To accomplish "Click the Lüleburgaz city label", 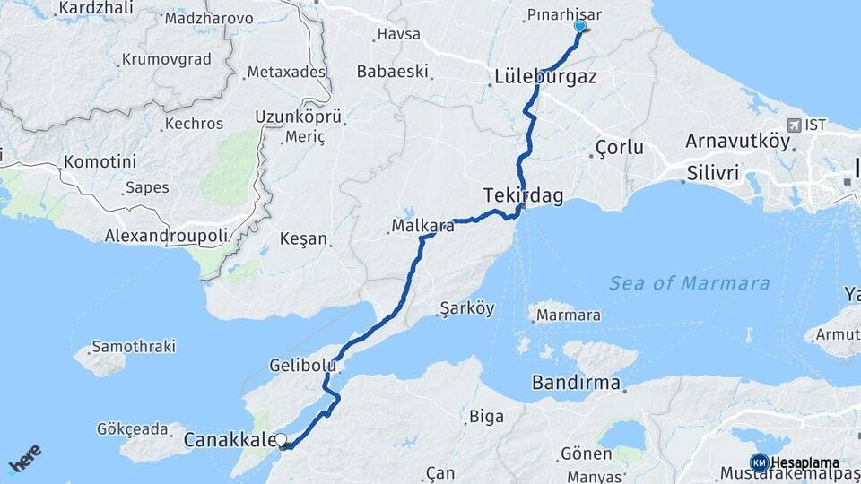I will tap(545, 77).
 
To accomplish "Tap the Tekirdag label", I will tap(518, 194).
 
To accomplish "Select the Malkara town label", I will tap(422, 227).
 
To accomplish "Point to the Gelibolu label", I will tap(302, 365).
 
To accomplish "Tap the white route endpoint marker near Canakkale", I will tap(282, 440).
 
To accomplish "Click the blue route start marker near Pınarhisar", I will tap(579, 26).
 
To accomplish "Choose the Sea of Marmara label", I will tap(689, 283).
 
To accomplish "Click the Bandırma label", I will tap(576, 384).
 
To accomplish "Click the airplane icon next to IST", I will tap(794, 125).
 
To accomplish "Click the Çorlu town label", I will tap(620, 148).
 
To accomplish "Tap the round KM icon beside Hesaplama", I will tap(759, 462).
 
